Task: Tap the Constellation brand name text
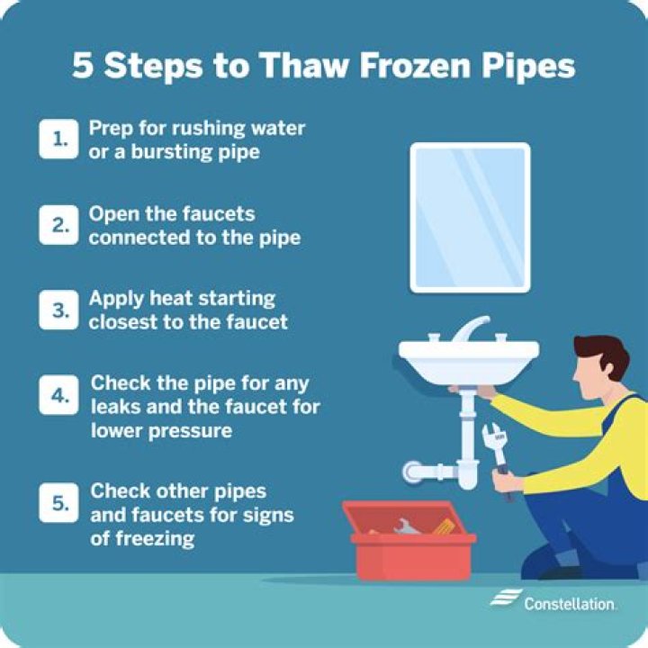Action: point(570,604)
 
